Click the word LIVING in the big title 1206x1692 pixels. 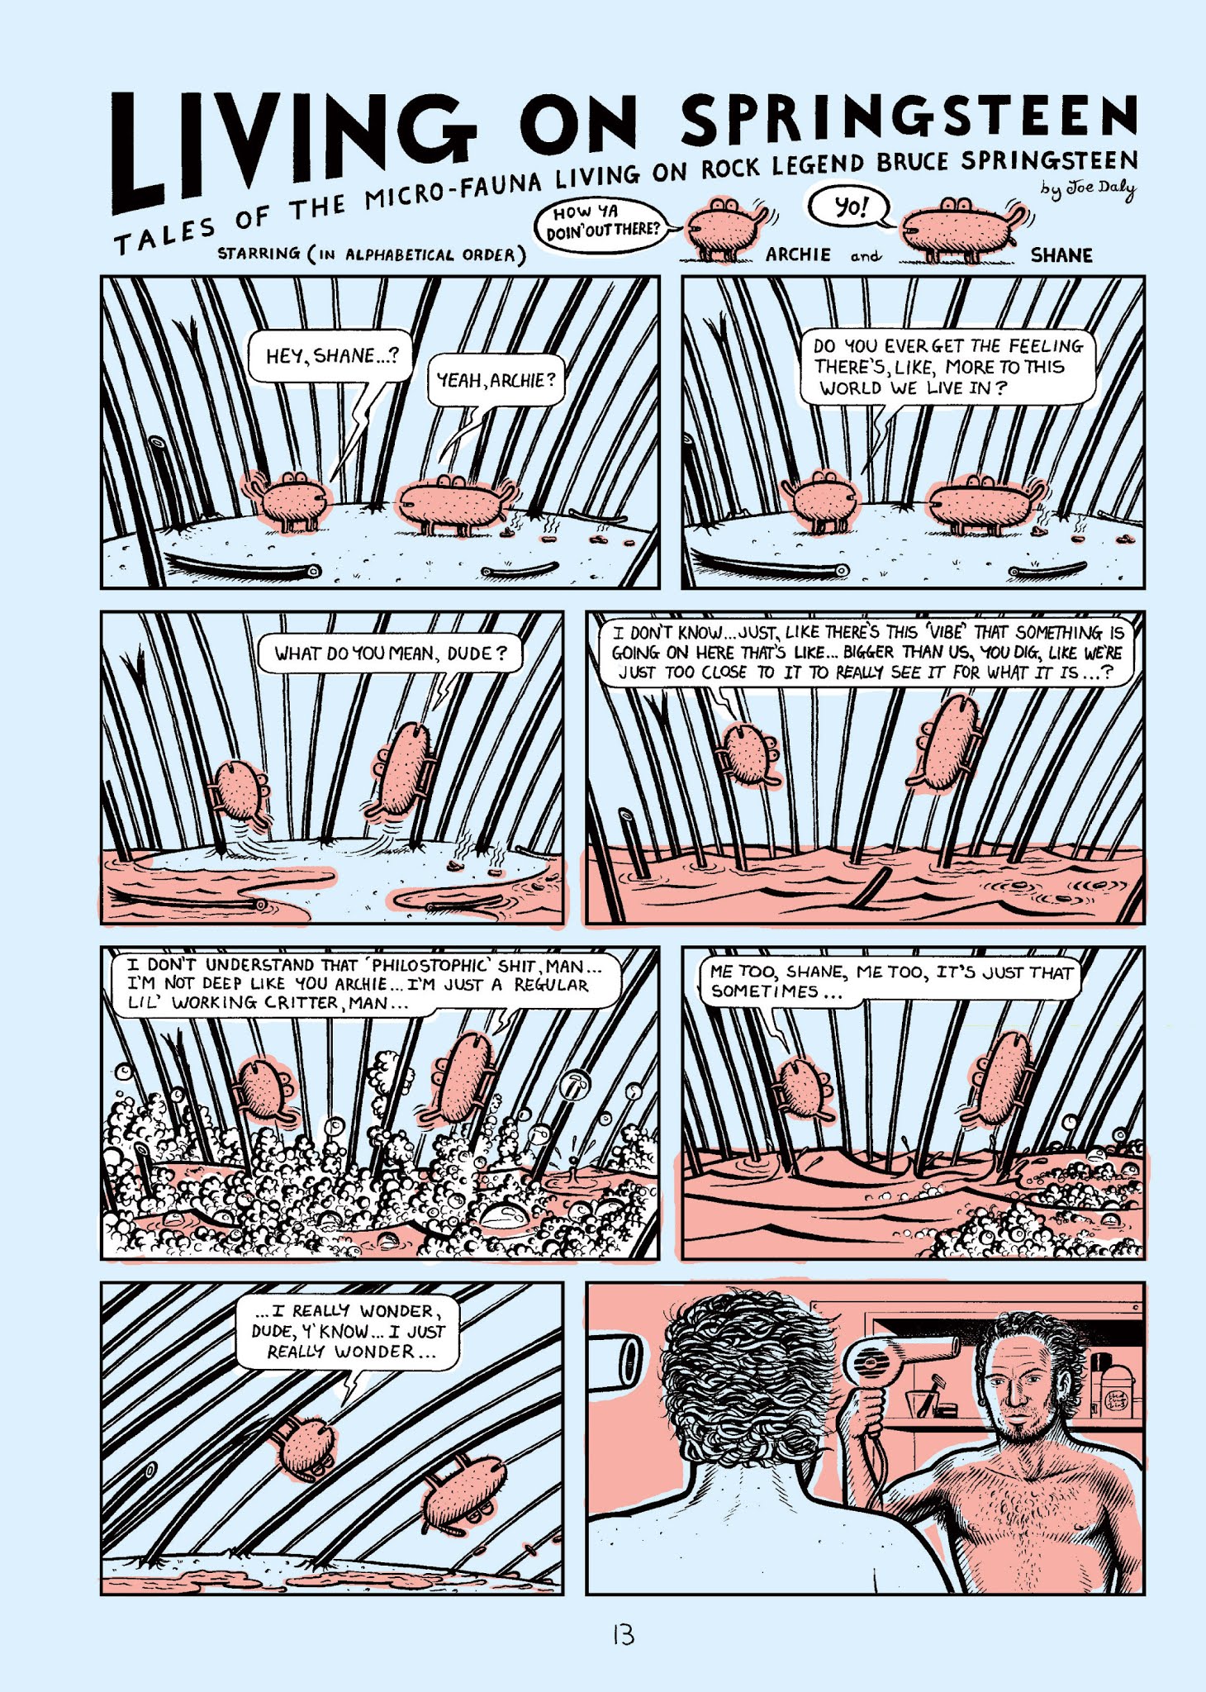[289, 149]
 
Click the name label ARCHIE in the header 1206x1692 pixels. [797, 254]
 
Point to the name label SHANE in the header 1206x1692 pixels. [1061, 255]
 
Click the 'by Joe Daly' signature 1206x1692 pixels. [1089, 189]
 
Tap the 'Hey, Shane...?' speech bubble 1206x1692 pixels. [330, 357]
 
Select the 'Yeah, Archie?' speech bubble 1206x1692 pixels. [496, 381]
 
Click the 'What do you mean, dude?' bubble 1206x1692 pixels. [390, 654]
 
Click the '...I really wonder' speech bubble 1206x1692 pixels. [347, 1332]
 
